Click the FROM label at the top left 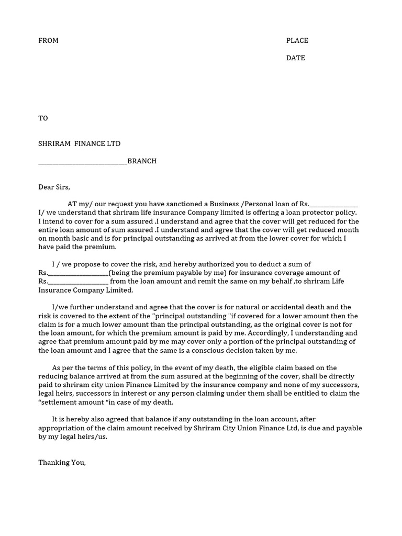point(48,41)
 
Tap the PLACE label point(297,41)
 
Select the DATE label point(295,58)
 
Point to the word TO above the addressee point(43,118)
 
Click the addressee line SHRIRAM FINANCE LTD point(79,144)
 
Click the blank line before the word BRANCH point(83,162)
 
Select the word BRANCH point(142,161)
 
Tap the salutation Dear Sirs point(54,187)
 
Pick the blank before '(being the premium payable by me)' point(78,273)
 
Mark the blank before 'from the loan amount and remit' point(78,282)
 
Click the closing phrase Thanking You point(62,463)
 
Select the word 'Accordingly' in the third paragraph point(304,333)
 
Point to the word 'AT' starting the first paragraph point(72,204)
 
